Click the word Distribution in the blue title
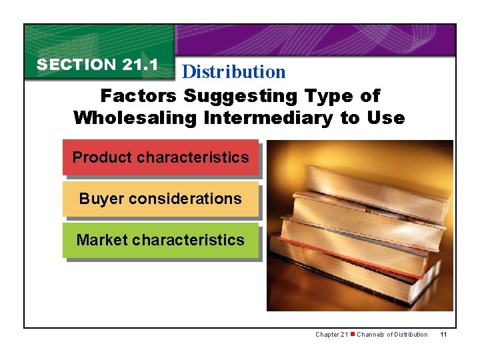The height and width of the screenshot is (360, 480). click(233, 71)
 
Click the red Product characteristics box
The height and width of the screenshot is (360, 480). click(161, 158)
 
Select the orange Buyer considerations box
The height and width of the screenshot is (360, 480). click(161, 199)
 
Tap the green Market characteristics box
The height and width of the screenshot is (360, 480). click(161, 240)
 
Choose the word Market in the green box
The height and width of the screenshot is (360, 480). click(102, 240)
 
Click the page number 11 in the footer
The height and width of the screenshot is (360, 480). click(443, 334)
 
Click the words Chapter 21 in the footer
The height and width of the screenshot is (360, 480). click(331, 334)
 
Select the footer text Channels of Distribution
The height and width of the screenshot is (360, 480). click(392, 334)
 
